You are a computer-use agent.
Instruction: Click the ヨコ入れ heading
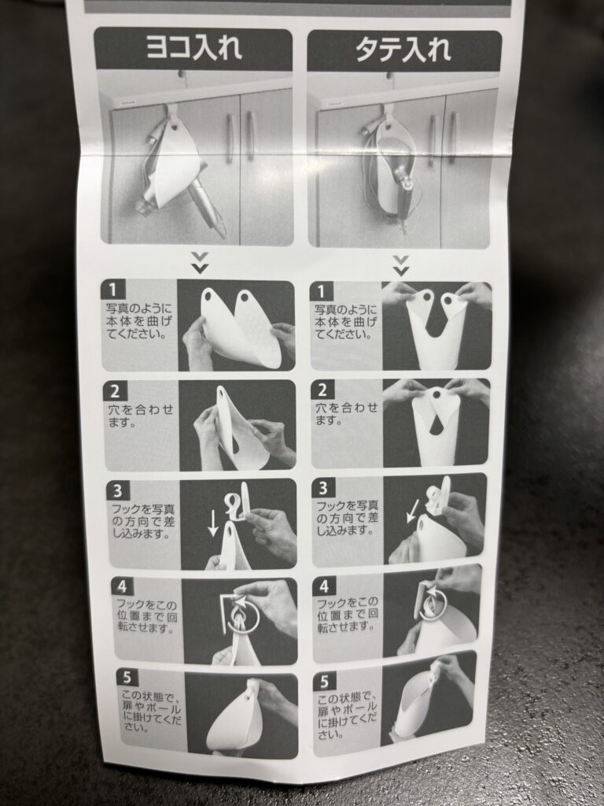[193, 48]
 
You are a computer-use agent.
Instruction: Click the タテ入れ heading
[403, 50]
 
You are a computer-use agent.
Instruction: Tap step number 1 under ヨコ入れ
[113, 290]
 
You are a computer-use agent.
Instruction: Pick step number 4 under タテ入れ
[324, 586]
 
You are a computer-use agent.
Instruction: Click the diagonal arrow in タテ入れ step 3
[412, 511]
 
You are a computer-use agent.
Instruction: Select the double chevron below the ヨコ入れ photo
[200, 263]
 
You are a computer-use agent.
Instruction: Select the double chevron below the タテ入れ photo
[400, 265]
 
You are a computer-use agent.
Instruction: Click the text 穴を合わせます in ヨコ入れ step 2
[141, 416]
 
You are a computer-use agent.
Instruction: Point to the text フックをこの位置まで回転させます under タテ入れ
[347, 614]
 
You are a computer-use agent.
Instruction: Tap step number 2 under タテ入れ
[322, 390]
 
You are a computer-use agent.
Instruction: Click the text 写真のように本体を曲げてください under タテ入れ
[345, 322]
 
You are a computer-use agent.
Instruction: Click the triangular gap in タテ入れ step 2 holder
[436, 424]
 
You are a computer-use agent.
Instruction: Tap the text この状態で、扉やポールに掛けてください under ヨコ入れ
[151, 712]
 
